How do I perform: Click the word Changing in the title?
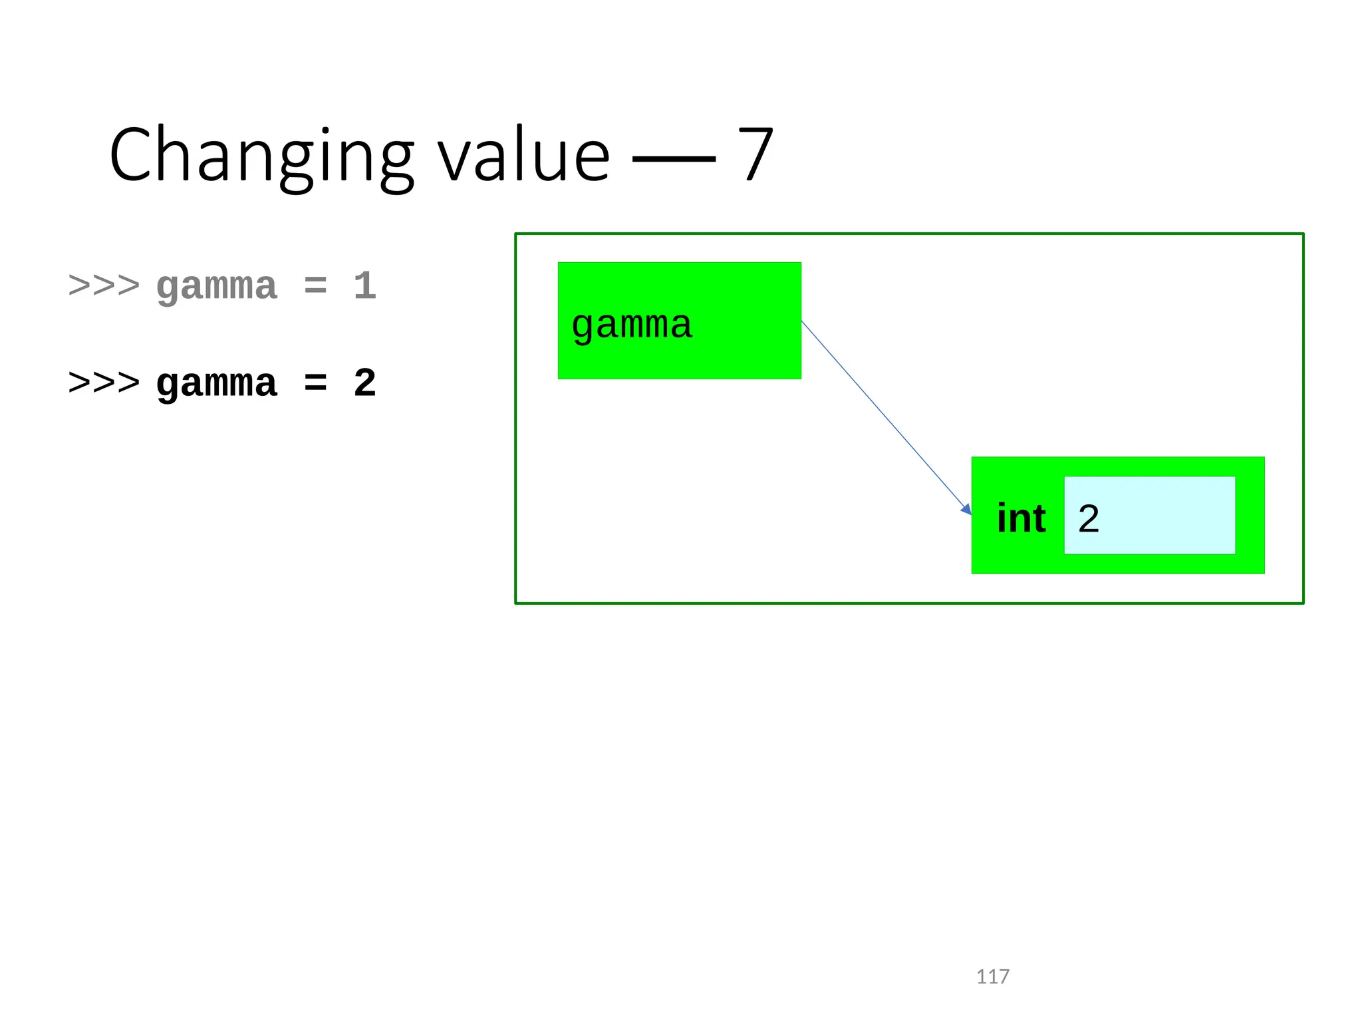tap(261, 156)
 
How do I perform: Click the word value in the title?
tap(523, 156)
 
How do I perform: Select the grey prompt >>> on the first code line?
tap(104, 286)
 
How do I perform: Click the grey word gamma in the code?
tap(216, 287)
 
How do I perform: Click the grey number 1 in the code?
tap(364, 286)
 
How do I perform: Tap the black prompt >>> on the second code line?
tap(104, 383)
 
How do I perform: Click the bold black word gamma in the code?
tap(216, 385)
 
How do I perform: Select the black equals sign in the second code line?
tap(315, 384)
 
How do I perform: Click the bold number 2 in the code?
tap(364, 383)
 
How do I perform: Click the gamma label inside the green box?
tap(632, 325)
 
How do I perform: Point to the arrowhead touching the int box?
tap(966, 509)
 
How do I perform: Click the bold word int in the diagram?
tap(1021, 518)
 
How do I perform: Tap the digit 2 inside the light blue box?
tap(1089, 518)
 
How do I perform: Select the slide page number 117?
tap(992, 977)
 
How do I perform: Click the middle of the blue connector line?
tap(886, 417)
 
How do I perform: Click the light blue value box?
tap(1164, 515)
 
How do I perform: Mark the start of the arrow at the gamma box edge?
tap(803, 322)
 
